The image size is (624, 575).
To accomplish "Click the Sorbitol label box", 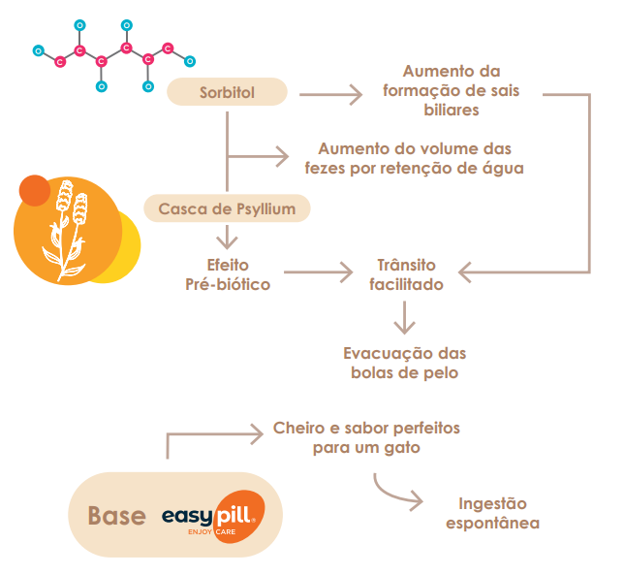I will [228, 92].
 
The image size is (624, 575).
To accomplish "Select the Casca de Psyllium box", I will [227, 208].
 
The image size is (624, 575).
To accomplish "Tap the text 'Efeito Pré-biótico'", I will [228, 274].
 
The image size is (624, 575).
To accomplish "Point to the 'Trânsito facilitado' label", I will [406, 274].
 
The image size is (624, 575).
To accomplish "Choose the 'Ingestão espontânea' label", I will [492, 513].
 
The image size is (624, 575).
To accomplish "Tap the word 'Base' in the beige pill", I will [117, 516].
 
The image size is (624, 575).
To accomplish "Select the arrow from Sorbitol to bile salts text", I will [329, 95].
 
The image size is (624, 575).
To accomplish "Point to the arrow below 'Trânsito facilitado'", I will [405, 317].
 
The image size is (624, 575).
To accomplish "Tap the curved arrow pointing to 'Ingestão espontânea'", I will [397, 492].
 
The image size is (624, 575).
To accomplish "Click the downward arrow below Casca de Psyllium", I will [227, 235].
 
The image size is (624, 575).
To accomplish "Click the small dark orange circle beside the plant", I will [34, 190].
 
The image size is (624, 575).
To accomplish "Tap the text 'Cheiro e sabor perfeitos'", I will [367, 428].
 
